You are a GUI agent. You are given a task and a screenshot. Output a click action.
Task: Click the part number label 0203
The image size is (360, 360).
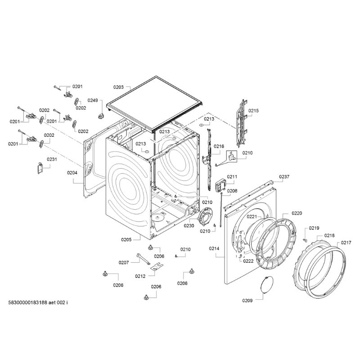click(118, 86)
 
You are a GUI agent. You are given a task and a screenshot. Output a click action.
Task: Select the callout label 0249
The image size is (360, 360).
click(92, 100)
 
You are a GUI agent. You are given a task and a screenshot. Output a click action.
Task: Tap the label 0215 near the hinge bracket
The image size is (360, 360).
click(254, 110)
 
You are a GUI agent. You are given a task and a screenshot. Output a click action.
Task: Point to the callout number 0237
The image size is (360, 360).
click(284, 176)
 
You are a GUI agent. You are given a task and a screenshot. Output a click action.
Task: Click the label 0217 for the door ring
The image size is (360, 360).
click(346, 243)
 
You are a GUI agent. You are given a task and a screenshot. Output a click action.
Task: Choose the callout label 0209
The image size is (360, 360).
click(247, 300)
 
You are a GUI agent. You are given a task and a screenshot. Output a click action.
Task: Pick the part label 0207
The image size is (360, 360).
click(124, 262)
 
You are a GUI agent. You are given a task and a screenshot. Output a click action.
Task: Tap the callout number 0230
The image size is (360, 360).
click(189, 226)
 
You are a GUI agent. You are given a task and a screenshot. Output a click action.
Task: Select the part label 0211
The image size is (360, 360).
click(232, 177)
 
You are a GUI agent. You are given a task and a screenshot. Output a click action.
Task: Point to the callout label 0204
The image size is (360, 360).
click(72, 172)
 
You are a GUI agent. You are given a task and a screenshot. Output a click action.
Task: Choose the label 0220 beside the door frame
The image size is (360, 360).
click(297, 213)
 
